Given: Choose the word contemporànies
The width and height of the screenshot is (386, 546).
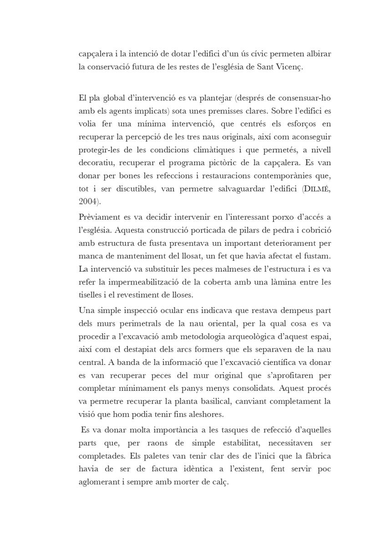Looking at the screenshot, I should tap(277, 175).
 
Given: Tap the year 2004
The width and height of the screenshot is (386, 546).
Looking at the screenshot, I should tap(87, 201).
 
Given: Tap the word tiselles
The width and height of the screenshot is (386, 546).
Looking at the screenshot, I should tap(90, 295).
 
